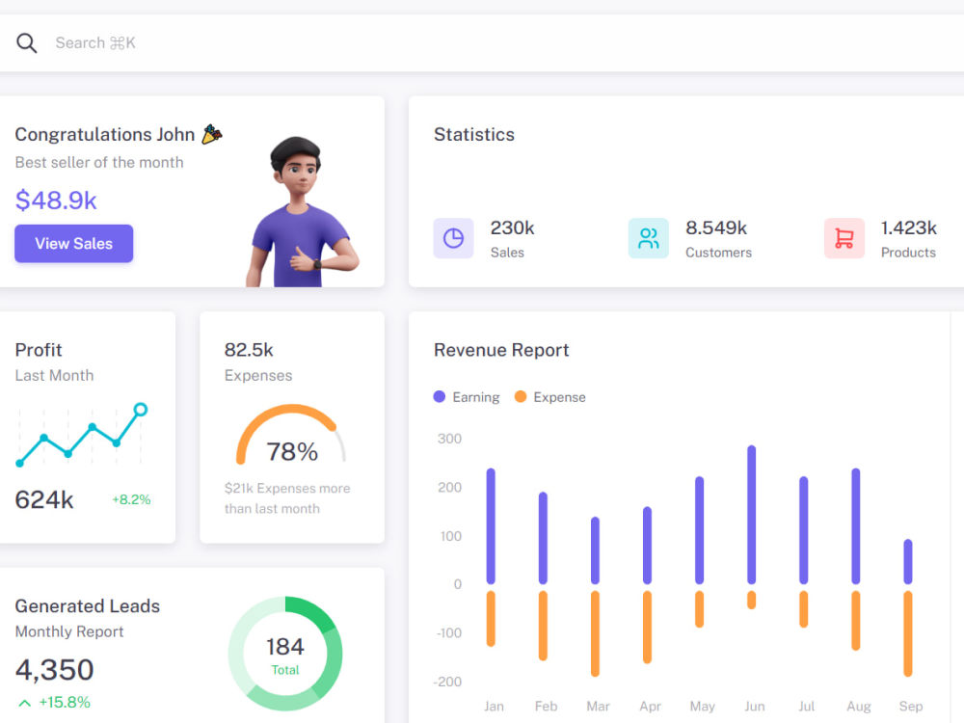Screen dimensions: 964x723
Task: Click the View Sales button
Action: [x=74, y=244]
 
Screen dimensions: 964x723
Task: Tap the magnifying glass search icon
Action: [x=26, y=43]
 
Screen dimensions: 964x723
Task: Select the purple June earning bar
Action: [x=751, y=515]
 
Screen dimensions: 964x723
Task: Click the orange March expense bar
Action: [x=595, y=633]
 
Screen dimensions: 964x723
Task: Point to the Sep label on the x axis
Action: [x=911, y=706]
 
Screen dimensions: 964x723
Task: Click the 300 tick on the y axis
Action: [x=449, y=439]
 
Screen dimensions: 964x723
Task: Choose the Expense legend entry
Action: [x=549, y=397]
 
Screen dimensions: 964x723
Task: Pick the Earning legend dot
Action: [x=439, y=396]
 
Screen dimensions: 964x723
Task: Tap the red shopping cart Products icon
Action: [x=844, y=238]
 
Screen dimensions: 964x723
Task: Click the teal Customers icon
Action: [x=649, y=238]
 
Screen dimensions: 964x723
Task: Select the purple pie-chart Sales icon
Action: [x=453, y=238]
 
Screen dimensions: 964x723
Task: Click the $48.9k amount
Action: [x=56, y=200]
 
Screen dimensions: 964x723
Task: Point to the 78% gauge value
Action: [x=292, y=451]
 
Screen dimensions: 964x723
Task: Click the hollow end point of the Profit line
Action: [x=140, y=410]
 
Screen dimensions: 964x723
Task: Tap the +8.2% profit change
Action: [x=131, y=499]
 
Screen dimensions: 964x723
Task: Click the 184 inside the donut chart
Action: [x=285, y=646]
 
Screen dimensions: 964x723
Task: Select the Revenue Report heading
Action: [x=501, y=350]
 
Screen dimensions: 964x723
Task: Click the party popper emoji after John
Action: [x=212, y=134]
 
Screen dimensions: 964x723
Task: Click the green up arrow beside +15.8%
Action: [x=25, y=702]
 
